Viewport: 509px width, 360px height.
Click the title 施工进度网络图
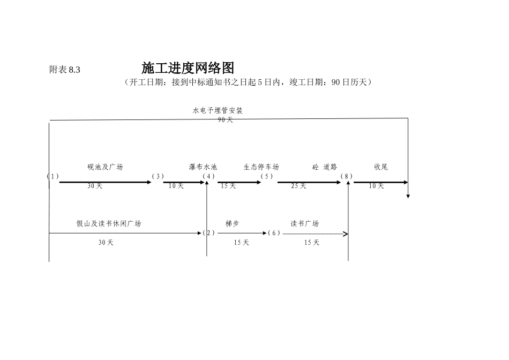pyautogui.click(x=188, y=68)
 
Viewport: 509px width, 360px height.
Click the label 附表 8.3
pyautogui.click(x=64, y=70)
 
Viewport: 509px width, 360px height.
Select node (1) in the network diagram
pyautogui.click(x=53, y=176)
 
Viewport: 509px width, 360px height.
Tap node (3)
pyautogui.click(x=158, y=176)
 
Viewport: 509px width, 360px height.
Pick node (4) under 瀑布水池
pyautogui.click(x=208, y=176)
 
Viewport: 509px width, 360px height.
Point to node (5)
pyautogui.click(x=267, y=176)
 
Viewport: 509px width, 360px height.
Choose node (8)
pyautogui.click(x=347, y=176)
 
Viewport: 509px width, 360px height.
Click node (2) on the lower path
pyautogui.click(x=208, y=233)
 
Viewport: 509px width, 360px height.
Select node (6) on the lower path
pyautogui.click(x=274, y=233)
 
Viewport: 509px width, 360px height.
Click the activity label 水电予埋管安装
pyautogui.click(x=218, y=110)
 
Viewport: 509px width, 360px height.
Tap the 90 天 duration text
pyautogui.click(x=226, y=120)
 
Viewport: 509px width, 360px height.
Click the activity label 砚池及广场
pyautogui.click(x=105, y=167)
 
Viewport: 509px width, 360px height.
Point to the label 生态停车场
pyautogui.click(x=261, y=167)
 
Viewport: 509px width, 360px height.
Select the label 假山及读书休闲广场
pyautogui.click(x=109, y=224)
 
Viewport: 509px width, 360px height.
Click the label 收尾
pyautogui.click(x=381, y=167)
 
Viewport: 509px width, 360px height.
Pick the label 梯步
pyautogui.click(x=233, y=224)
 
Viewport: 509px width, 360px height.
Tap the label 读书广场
pyautogui.click(x=305, y=224)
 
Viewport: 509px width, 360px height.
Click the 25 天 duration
pyautogui.click(x=298, y=186)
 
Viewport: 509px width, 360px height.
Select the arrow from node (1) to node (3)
pyautogui.click(x=106, y=182)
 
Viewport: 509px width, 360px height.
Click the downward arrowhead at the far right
pyautogui.click(x=408, y=196)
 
